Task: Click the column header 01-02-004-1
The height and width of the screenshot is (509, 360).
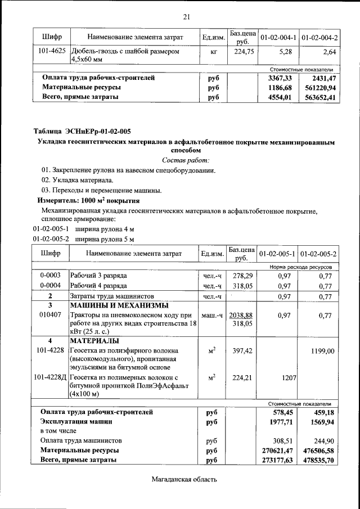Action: click(277, 37)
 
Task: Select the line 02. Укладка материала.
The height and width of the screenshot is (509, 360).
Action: click(77, 180)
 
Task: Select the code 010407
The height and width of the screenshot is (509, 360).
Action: click(49, 316)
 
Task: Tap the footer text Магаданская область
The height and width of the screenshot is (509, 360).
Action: click(184, 480)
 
